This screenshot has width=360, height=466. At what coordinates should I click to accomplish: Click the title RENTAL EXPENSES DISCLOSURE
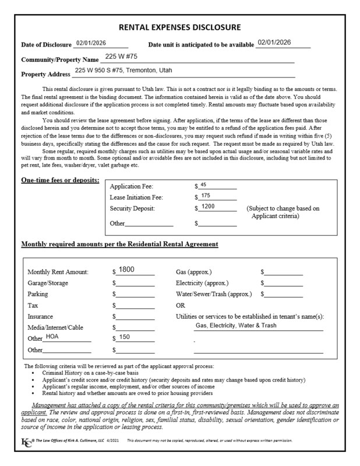coord(179,27)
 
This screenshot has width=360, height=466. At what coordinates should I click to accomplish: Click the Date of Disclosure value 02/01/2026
coord(89,43)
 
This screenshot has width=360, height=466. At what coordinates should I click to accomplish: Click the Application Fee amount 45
coord(203,185)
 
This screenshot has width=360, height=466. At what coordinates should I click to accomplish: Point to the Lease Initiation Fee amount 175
coord(205,196)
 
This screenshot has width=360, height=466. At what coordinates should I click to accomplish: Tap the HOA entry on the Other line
coord(52,336)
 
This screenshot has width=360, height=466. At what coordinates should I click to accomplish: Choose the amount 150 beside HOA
coord(125,337)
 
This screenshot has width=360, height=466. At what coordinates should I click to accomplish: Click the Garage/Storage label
coord(48,283)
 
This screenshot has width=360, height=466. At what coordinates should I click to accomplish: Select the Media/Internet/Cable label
coord(55,327)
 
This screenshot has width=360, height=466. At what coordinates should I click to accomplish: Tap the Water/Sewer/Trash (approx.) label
coord(214,294)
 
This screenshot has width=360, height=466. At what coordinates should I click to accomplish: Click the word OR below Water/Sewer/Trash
coord(181,305)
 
